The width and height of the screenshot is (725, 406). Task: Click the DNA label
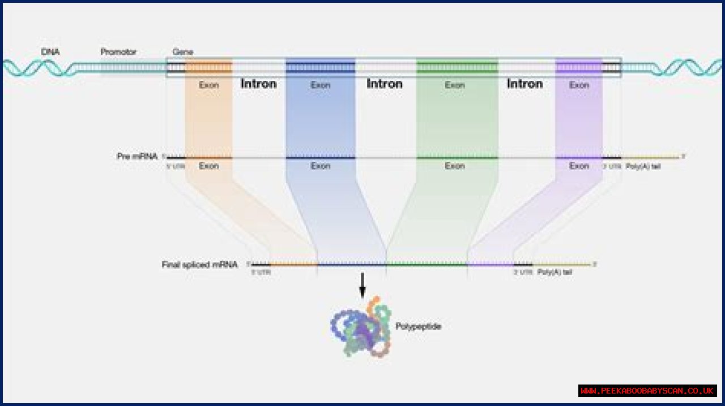coord(50,52)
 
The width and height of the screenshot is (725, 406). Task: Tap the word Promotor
coord(118,52)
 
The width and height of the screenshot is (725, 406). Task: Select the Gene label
coord(182,52)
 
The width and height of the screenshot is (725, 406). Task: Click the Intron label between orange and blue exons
coord(259,84)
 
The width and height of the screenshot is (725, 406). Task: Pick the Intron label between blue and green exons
coord(385,84)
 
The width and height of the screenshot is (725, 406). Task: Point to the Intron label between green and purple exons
coord(525,84)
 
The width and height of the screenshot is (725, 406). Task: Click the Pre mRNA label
coord(137,156)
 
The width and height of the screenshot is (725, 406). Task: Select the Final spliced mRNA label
coord(199,264)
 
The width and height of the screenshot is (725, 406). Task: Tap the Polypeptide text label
coord(418,326)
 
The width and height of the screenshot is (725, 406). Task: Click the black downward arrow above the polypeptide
coord(362,286)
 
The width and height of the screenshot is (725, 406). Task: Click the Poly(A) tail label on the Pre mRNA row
coord(643,167)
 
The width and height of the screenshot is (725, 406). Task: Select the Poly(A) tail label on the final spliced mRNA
coord(555,272)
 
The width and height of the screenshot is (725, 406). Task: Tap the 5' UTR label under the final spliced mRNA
coord(261,272)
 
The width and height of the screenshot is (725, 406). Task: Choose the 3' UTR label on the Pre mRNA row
coord(611,167)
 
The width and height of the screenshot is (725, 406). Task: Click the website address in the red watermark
coord(647,391)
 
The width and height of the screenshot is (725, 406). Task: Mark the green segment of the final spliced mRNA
coord(427,264)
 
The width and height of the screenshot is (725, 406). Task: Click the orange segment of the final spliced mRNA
coord(293,264)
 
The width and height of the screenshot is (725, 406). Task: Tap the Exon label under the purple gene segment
coord(579,85)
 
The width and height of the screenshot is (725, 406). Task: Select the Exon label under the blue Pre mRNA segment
coord(320,166)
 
